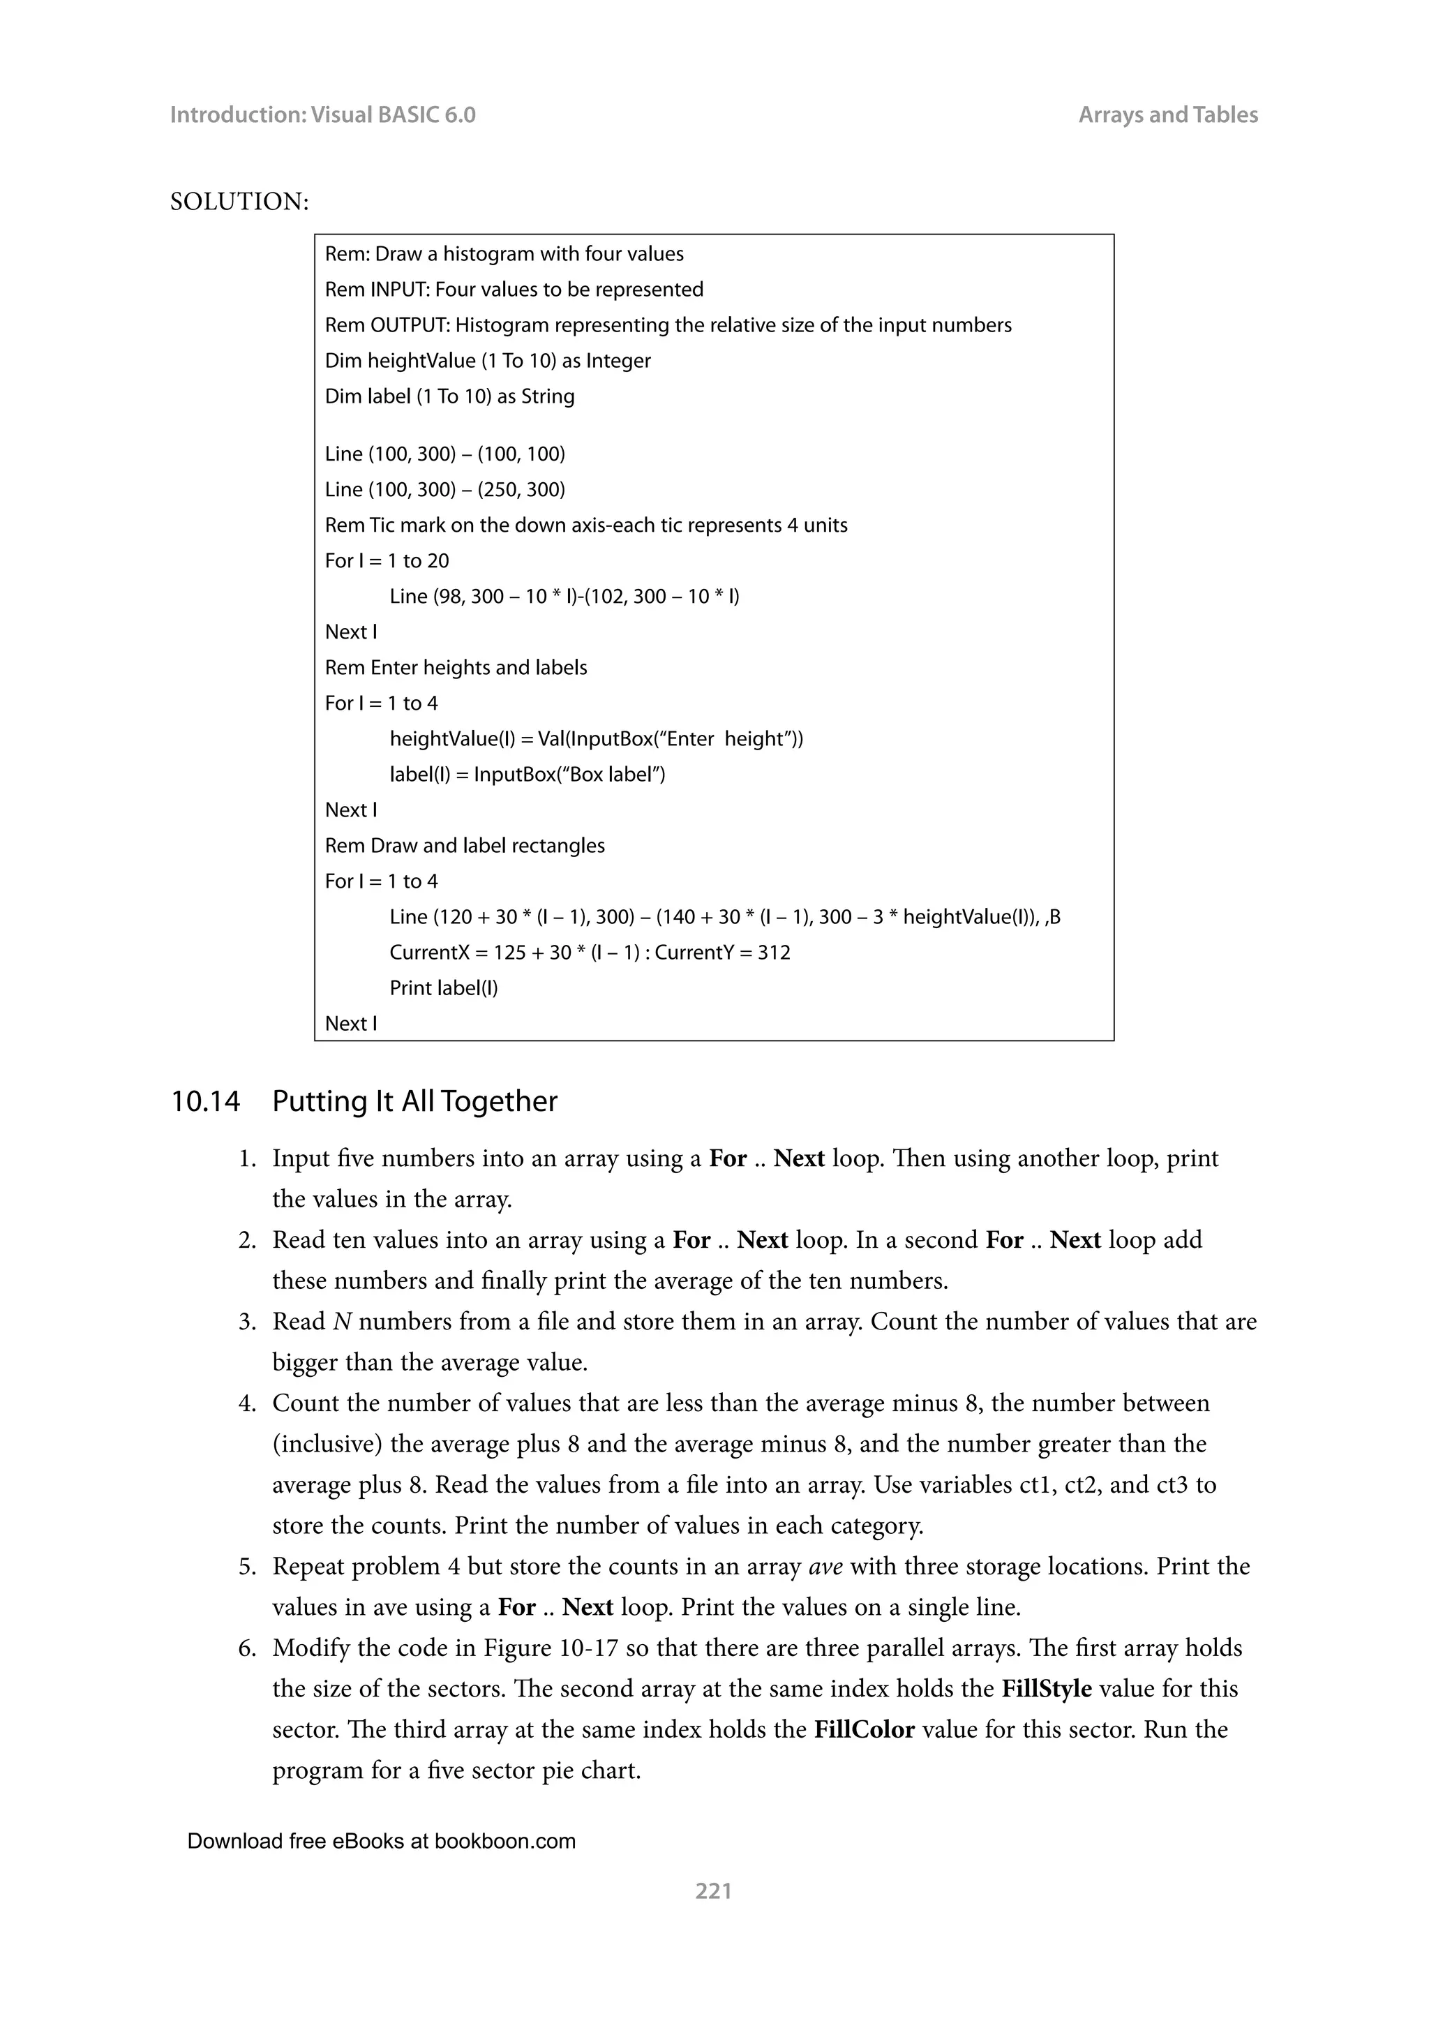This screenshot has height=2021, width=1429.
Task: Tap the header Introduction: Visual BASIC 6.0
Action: tap(322, 114)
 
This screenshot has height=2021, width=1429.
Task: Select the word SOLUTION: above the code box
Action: tap(239, 202)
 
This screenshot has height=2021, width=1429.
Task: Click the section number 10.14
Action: tap(205, 1101)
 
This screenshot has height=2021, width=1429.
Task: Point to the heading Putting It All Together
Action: tap(414, 1101)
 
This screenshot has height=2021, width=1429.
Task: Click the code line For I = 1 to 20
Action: tap(387, 560)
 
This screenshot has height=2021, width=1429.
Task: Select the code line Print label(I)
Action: tap(444, 987)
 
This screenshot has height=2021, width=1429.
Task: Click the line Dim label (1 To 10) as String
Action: tap(449, 396)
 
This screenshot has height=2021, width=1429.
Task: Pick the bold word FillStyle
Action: tap(1046, 1688)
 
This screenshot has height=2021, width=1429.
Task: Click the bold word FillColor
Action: tap(864, 1729)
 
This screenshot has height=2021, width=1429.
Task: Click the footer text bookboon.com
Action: tap(504, 1840)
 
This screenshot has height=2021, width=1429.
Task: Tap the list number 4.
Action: tap(246, 1403)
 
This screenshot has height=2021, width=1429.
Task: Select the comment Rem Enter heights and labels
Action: tap(456, 667)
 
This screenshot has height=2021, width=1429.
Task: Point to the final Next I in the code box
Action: tap(351, 1023)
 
